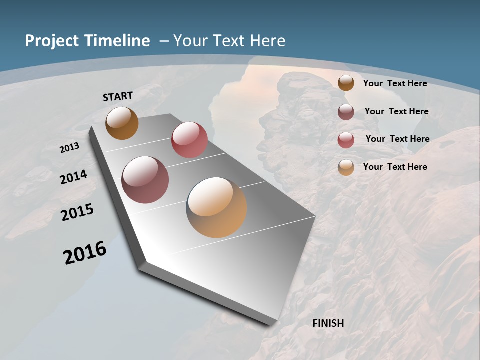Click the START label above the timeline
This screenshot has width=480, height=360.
118,96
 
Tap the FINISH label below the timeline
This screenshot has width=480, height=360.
328,323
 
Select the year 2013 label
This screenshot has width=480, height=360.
70,148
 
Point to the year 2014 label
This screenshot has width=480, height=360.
74,177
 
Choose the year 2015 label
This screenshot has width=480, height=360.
77,212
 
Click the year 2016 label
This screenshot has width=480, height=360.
85,253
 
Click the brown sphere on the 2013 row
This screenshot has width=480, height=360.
122,123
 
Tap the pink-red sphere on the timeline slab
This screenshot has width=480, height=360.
189,139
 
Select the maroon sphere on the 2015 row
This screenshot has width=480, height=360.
145,180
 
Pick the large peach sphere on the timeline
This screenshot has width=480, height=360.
216,207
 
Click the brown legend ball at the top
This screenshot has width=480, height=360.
346,83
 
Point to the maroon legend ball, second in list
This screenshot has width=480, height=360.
346,112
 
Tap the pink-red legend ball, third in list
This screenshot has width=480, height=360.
346,140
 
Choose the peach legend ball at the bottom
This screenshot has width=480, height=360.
346,167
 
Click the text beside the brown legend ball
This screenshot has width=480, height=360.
395,83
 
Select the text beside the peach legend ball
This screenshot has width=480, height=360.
395,167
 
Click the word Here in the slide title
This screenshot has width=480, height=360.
269,41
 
